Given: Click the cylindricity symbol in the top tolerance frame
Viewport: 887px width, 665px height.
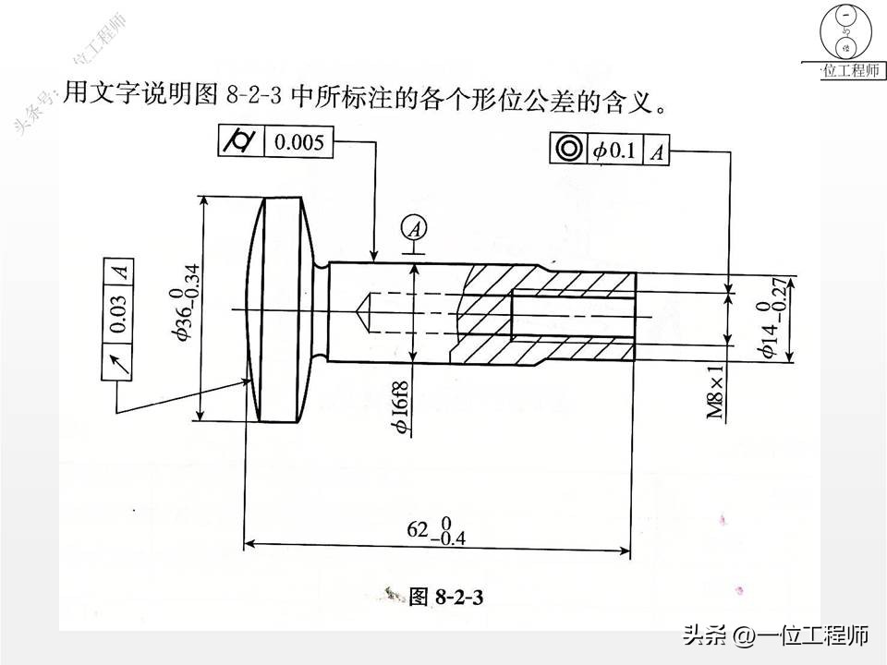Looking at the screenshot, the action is pos(241,140).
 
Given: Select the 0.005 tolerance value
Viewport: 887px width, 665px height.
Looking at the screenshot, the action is pos(298,141).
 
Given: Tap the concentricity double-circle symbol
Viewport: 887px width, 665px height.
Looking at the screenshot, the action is pos(569,149).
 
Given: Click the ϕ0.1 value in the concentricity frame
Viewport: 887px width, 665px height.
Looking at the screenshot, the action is pos(614,151).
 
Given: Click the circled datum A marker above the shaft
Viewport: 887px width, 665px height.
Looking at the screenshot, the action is pos(415,230).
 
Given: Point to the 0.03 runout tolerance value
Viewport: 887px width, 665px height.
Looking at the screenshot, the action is pos(117,314).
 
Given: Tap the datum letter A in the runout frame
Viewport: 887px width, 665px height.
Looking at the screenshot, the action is pos(118,272).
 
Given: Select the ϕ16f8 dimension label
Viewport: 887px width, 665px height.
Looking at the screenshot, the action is pos(402,408).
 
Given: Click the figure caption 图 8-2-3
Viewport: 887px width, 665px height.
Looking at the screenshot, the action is pos(445,596).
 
